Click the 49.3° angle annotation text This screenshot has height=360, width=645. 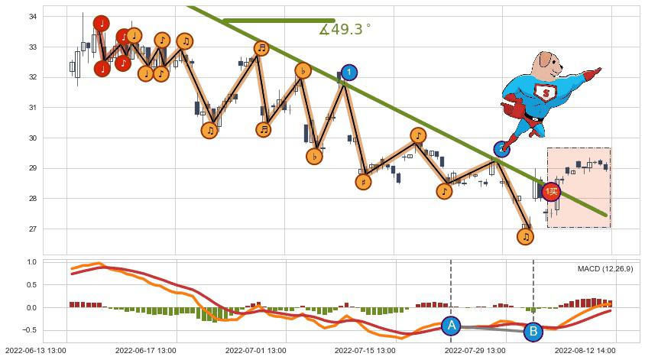(345, 30)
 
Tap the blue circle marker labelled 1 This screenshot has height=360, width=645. (348, 73)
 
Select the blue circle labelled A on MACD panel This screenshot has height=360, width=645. (451, 326)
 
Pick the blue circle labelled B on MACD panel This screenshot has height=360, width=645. (533, 332)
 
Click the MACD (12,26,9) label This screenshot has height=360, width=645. (605, 269)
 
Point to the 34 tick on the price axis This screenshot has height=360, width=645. (34, 17)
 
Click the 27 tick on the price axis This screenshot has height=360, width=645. (34, 229)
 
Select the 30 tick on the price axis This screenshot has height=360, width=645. (34, 138)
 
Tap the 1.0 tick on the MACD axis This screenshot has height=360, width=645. (32, 262)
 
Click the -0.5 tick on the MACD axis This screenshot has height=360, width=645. (31, 330)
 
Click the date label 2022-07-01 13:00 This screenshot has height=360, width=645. (254, 351)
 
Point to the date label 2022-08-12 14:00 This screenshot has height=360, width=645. (585, 351)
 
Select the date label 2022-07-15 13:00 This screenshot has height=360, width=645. (364, 351)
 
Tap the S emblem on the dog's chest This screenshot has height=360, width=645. (546, 93)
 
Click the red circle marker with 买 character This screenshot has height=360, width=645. (551, 192)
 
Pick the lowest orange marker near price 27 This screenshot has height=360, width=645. (525, 237)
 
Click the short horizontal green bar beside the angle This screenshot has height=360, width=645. (278, 21)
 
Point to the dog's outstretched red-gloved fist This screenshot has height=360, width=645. (595, 73)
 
